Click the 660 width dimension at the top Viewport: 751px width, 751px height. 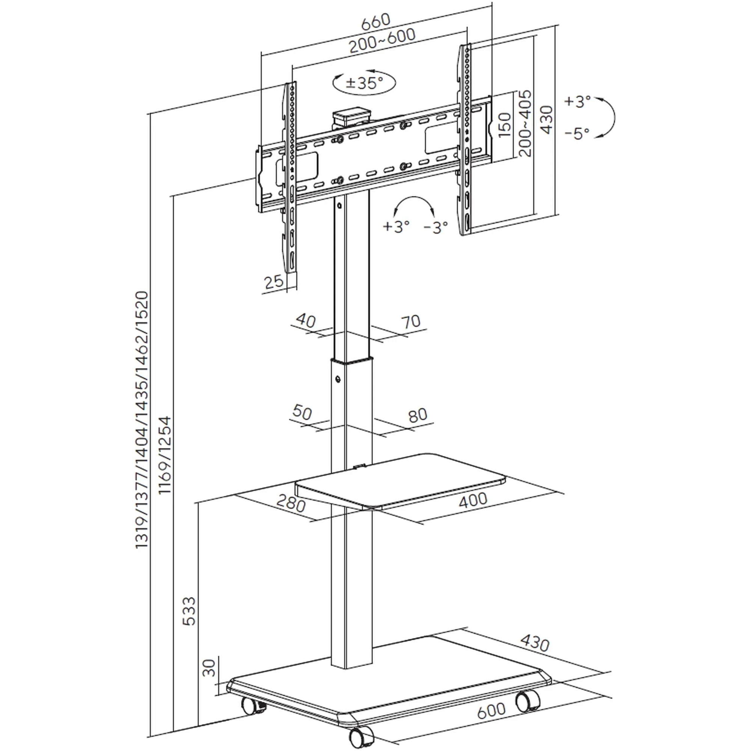[375, 22]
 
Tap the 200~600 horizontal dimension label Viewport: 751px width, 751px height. [382, 41]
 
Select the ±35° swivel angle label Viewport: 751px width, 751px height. [364, 83]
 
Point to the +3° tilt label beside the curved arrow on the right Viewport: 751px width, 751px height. [578, 101]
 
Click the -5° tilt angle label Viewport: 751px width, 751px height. [577, 133]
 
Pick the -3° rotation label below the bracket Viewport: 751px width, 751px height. [436, 227]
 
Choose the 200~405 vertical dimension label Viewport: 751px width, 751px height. [525, 123]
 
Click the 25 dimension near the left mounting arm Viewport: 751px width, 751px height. [274, 281]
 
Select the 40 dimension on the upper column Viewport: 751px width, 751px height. [306, 320]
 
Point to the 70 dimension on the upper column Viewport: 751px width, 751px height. [411, 321]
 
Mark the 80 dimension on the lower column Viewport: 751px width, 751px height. [418, 415]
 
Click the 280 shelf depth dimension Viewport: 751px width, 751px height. [291, 504]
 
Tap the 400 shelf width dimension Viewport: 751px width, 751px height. [473, 500]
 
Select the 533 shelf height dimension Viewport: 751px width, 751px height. [189, 611]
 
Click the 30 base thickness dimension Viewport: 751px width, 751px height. [209, 668]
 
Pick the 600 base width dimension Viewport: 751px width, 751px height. [491, 710]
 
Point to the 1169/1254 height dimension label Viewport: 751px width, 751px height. [165, 455]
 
